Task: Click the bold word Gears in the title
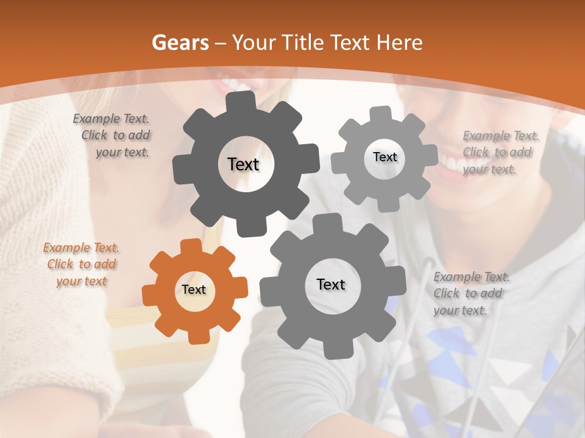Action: (x=180, y=43)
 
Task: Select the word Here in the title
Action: (x=399, y=43)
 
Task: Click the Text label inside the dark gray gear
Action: (x=243, y=164)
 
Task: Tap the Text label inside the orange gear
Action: (x=194, y=290)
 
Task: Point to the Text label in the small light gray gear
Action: (x=385, y=157)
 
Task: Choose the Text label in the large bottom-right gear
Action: (x=331, y=284)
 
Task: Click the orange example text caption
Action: (x=81, y=265)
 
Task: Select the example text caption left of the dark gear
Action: (x=113, y=136)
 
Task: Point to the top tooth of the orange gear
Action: (x=191, y=246)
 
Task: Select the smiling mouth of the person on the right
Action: (x=454, y=161)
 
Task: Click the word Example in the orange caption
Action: (x=66, y=248)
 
